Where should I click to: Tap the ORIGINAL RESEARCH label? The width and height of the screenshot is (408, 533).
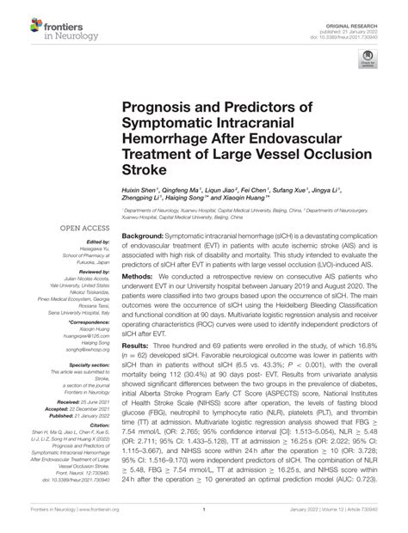(370, 8)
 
